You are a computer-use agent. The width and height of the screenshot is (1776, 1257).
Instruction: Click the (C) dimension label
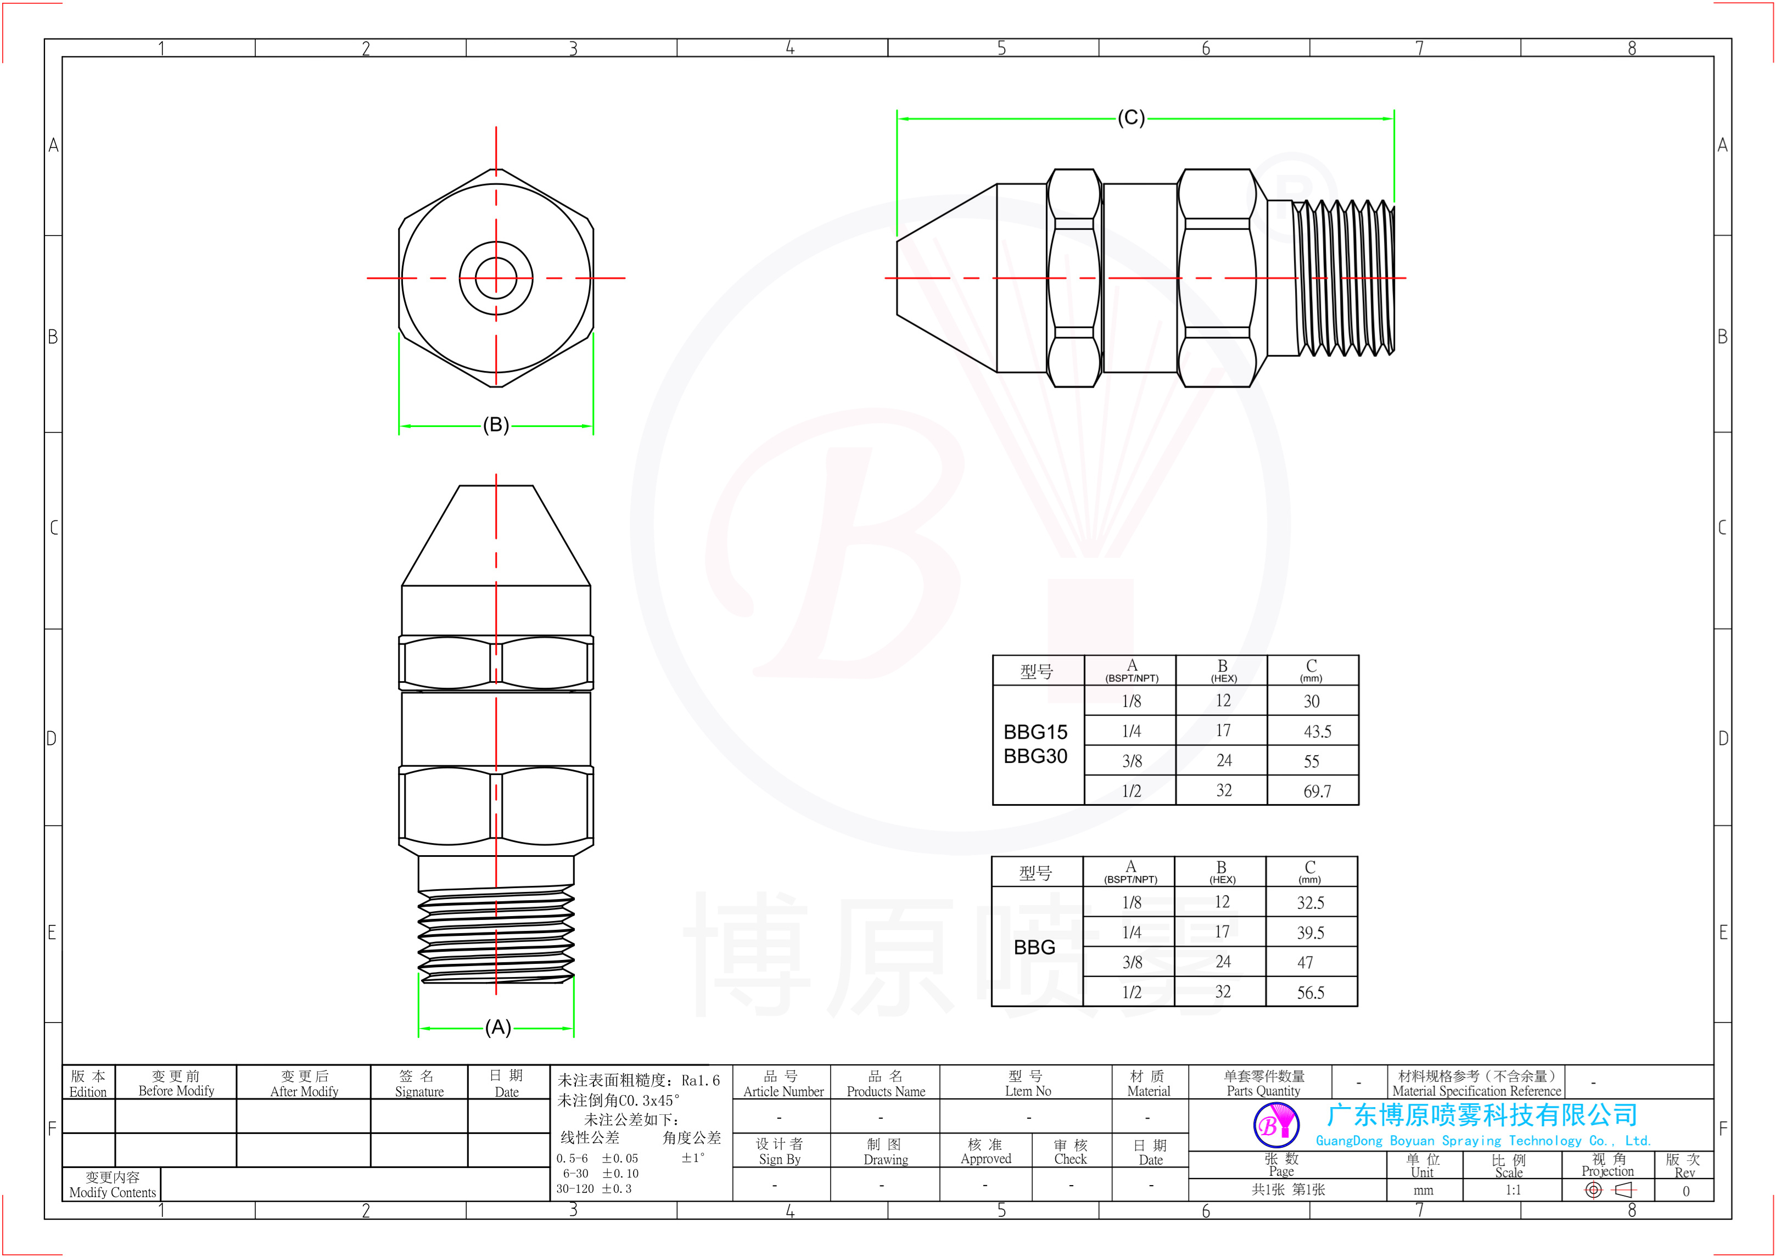pos(1131,117)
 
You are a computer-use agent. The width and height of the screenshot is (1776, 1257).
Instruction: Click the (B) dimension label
pos(496,424)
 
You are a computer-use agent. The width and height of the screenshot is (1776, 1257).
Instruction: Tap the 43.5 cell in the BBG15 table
pos(1317,732)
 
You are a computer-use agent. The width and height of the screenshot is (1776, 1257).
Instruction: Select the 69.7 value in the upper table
pos(1317,791)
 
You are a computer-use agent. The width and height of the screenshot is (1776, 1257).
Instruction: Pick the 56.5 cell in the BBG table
pos(1310,992)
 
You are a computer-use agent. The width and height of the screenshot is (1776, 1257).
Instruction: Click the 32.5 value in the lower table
pos(1310,902)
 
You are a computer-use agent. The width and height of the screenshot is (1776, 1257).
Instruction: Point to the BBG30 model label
pos(1035,756)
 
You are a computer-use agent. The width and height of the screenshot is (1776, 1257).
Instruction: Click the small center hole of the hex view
pos(496,278)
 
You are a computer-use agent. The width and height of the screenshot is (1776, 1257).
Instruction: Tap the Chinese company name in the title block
pos(1482,1115)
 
